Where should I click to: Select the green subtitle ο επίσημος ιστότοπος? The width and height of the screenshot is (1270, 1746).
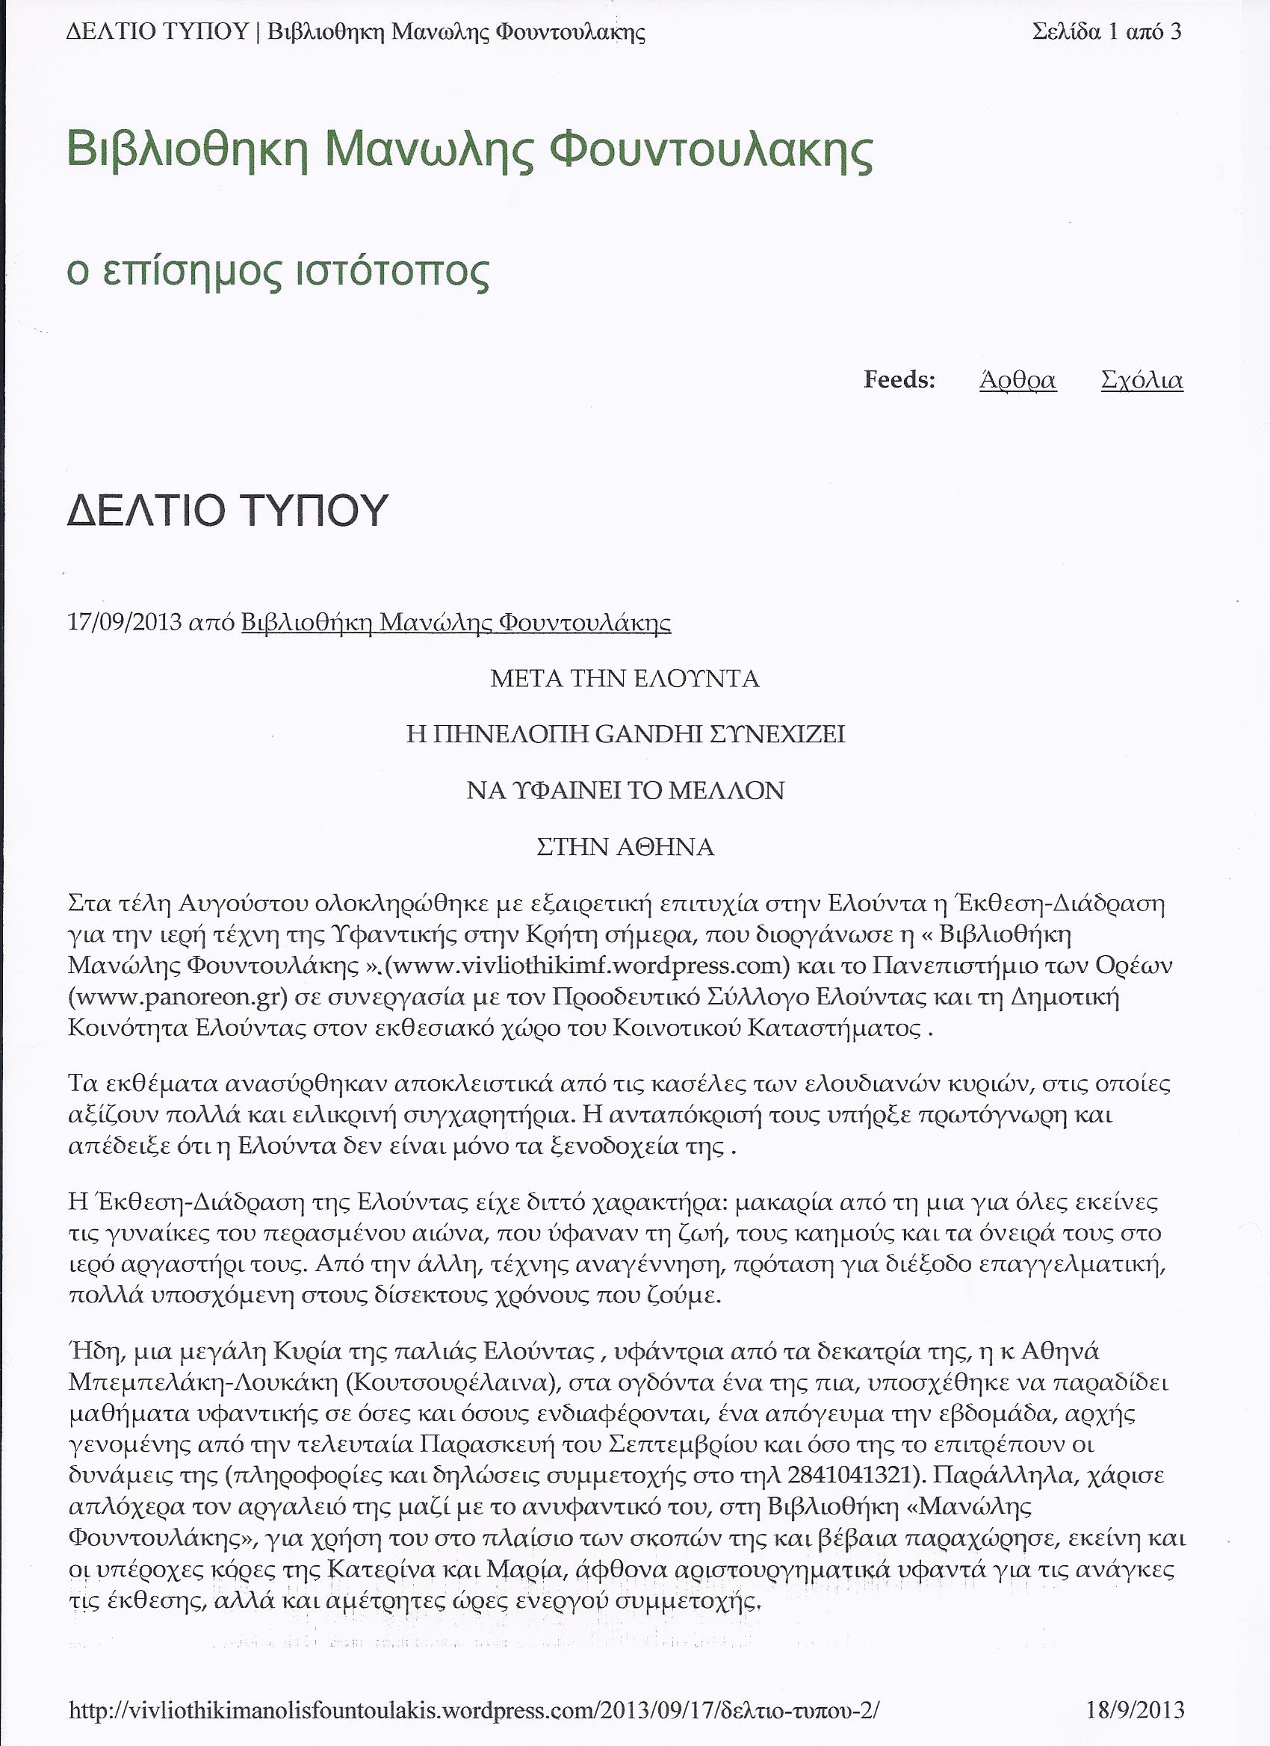click(x=278, y=272)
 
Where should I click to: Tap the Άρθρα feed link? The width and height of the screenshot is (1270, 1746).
click(x=1017, y=380)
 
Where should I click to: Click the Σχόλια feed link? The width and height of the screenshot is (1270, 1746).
click(x=1142, y=380)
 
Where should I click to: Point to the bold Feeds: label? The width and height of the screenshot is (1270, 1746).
click(x=899, y=379)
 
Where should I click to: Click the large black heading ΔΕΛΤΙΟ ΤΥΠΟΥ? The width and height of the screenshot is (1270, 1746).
click(x=227, y=510)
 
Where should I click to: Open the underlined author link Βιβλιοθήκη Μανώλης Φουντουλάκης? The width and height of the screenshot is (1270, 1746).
click(x=456, y=623)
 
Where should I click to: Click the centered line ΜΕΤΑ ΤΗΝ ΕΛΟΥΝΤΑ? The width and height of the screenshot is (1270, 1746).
click(x=625, y=679)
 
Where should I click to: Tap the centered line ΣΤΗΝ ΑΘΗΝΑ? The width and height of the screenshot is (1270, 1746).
click(x=625, y=847)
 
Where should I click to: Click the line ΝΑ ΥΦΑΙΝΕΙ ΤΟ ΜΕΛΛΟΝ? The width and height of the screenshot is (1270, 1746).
click(x=625, y=791)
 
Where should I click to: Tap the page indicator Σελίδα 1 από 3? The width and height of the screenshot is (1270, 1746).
click(x=1106, y=32)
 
